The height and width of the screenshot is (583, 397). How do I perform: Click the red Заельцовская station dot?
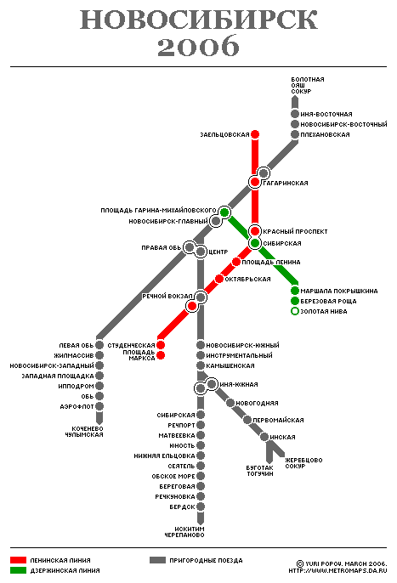255,134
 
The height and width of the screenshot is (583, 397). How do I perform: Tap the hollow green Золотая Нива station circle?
295,311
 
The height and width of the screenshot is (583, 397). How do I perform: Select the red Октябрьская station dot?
219,279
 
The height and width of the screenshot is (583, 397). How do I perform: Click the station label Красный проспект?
295,231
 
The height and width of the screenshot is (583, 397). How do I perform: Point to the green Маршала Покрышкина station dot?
295,291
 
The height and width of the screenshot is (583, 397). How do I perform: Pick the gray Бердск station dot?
201,507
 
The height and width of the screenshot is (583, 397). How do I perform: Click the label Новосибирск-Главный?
168,221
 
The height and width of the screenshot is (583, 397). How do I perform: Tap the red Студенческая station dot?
161,345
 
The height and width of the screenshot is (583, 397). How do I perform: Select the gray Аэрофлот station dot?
99,406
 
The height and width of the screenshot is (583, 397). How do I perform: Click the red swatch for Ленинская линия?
18,560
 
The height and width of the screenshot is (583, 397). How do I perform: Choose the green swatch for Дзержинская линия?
18,570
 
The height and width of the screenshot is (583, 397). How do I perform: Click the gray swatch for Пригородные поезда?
157,560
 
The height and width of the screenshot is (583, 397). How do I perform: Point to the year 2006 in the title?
198,46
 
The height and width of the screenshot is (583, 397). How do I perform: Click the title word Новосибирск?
199,20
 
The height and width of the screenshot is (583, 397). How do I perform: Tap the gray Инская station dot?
264,437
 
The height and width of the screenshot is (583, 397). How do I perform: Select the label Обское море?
173,476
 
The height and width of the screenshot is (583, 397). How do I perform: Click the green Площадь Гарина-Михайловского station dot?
224,212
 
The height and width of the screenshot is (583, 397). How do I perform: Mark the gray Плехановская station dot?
295,134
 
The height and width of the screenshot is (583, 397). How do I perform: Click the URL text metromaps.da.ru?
337,570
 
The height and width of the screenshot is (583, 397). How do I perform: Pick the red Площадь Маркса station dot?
161,355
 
